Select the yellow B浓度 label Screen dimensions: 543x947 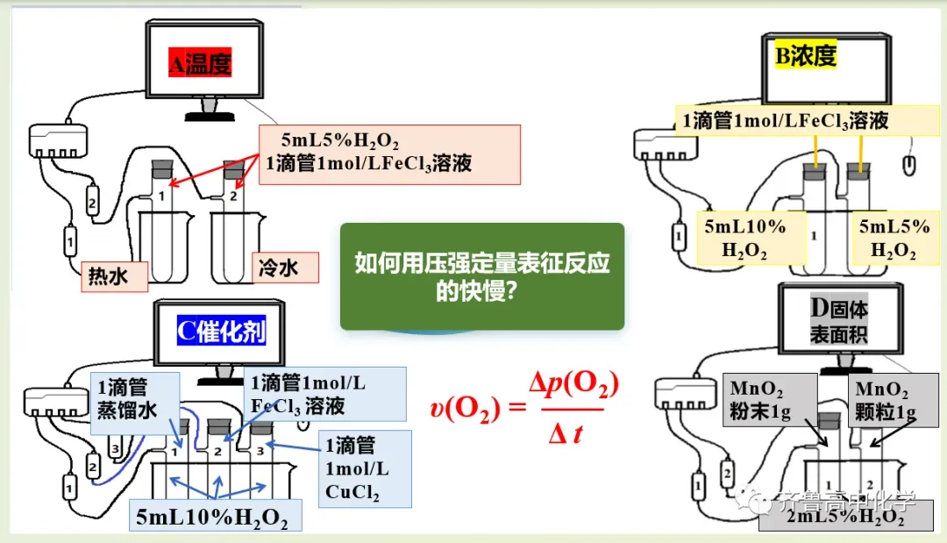[806, 55]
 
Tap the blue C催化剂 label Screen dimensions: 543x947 [220, 332]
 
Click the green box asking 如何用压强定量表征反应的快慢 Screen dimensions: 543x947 [481, 276]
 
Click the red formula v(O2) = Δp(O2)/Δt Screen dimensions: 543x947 [524, 406]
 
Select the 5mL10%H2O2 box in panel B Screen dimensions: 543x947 [744, 238]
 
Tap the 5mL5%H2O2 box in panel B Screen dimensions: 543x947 [892, 238]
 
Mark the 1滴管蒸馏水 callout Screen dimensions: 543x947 [135, 403]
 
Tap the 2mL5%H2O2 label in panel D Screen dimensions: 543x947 [845, 518]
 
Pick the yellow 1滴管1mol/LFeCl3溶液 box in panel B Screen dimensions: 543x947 [785, 120]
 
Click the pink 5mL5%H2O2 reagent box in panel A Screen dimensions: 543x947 [390, 154]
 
